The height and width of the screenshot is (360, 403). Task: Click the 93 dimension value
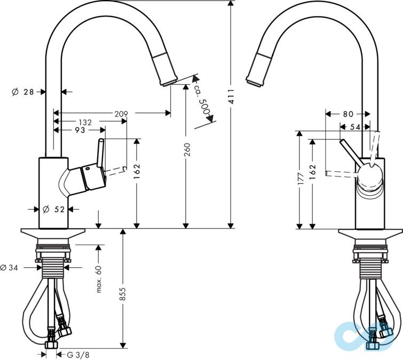(x=80, y=130)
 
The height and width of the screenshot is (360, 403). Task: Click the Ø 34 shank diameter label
(x=10, y=267)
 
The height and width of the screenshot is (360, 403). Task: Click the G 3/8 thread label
(x=78, y=354)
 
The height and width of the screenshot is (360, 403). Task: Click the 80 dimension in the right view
(x=348, y=114)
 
